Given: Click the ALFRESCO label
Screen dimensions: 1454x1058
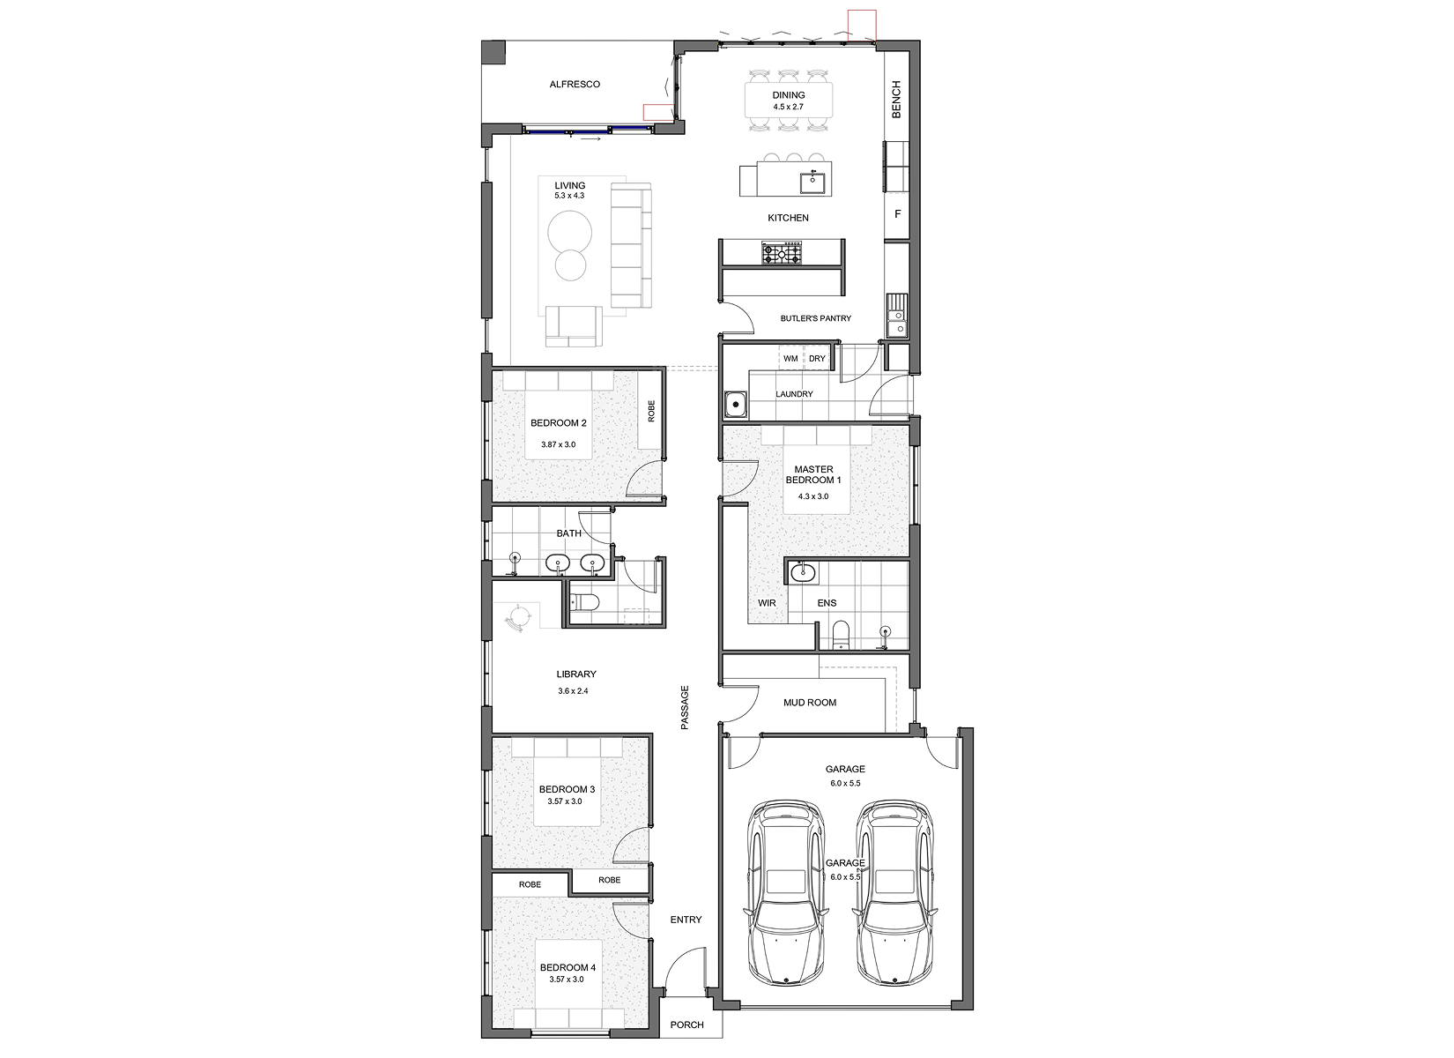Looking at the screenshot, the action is click(575, 85).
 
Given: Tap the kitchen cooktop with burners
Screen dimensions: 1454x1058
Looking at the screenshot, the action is click(783, 253).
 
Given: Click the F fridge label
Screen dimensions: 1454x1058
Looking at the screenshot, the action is click(898, 213).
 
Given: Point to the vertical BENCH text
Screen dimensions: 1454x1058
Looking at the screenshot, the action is click(896, 100).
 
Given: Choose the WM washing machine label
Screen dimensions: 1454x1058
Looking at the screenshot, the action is click(790, 359).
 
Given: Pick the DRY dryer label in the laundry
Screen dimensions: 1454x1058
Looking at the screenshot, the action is click(817, 359).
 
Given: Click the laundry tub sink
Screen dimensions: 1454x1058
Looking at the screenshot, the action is click(736, 405).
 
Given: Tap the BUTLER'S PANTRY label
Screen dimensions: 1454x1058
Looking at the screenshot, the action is click(816, 318).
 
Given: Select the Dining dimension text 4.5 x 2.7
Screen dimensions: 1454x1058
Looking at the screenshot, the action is click(788, 107).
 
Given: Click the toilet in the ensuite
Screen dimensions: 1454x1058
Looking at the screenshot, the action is click(841, 635).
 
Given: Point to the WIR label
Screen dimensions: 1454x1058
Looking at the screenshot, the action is click(767, 603).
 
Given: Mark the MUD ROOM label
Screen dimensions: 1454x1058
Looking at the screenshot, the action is click(810, 702).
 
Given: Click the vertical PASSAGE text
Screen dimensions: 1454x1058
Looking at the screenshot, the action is click(684, 707).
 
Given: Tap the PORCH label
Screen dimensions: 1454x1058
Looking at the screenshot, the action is click(686, 1024).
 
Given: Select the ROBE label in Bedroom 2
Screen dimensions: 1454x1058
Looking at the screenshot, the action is click(651, 411).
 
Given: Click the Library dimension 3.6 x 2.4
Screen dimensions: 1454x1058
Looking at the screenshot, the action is click(573, 691).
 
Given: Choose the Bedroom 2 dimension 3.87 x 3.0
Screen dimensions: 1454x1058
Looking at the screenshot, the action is click(558, 445).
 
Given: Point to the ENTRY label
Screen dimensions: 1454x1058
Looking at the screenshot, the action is click(686, 920).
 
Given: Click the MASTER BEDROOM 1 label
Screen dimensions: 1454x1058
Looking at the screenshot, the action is click(813, 474).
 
